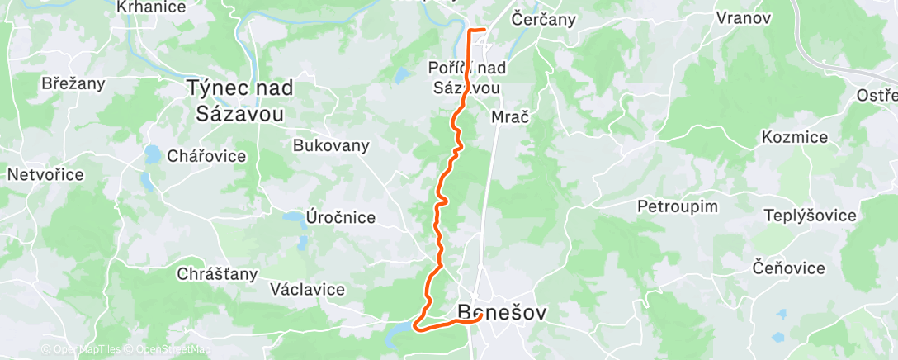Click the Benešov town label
click(502, 313)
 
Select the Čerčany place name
click(543, 18)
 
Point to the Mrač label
click(509, 117)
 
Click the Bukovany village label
click(331, 144)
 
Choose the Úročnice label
click(341, 218)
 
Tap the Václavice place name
click(307, 289)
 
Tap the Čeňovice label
click(788, 268)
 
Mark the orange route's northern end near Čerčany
click(484, 31)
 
